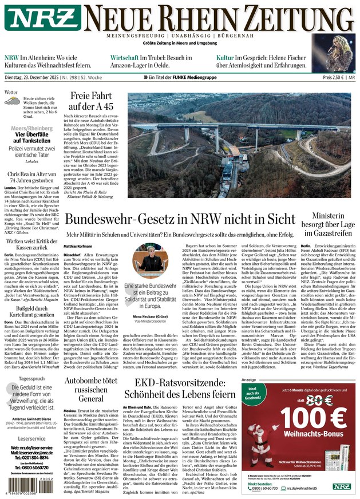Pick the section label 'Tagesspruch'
pos(32,379)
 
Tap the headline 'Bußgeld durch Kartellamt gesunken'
pos(33,314)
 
